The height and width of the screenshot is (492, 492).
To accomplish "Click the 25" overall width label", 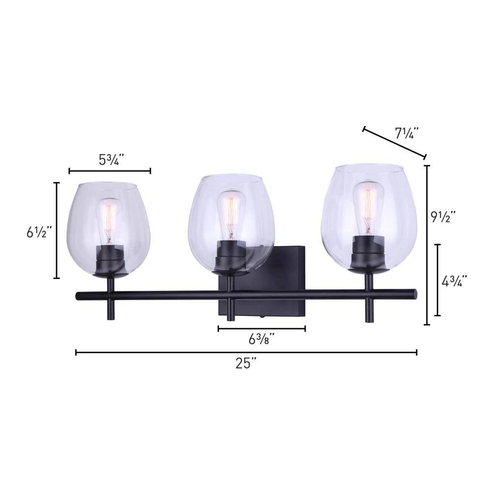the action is [246, 364].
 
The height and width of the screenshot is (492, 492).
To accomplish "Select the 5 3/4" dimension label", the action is [110, 160].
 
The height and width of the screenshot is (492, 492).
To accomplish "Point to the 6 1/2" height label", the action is [39, 233].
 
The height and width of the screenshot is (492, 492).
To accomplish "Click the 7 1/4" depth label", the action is [407, 134].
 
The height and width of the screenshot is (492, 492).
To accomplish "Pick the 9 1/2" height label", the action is [443, 216].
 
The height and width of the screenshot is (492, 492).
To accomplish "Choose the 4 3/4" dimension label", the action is [454, 281].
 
